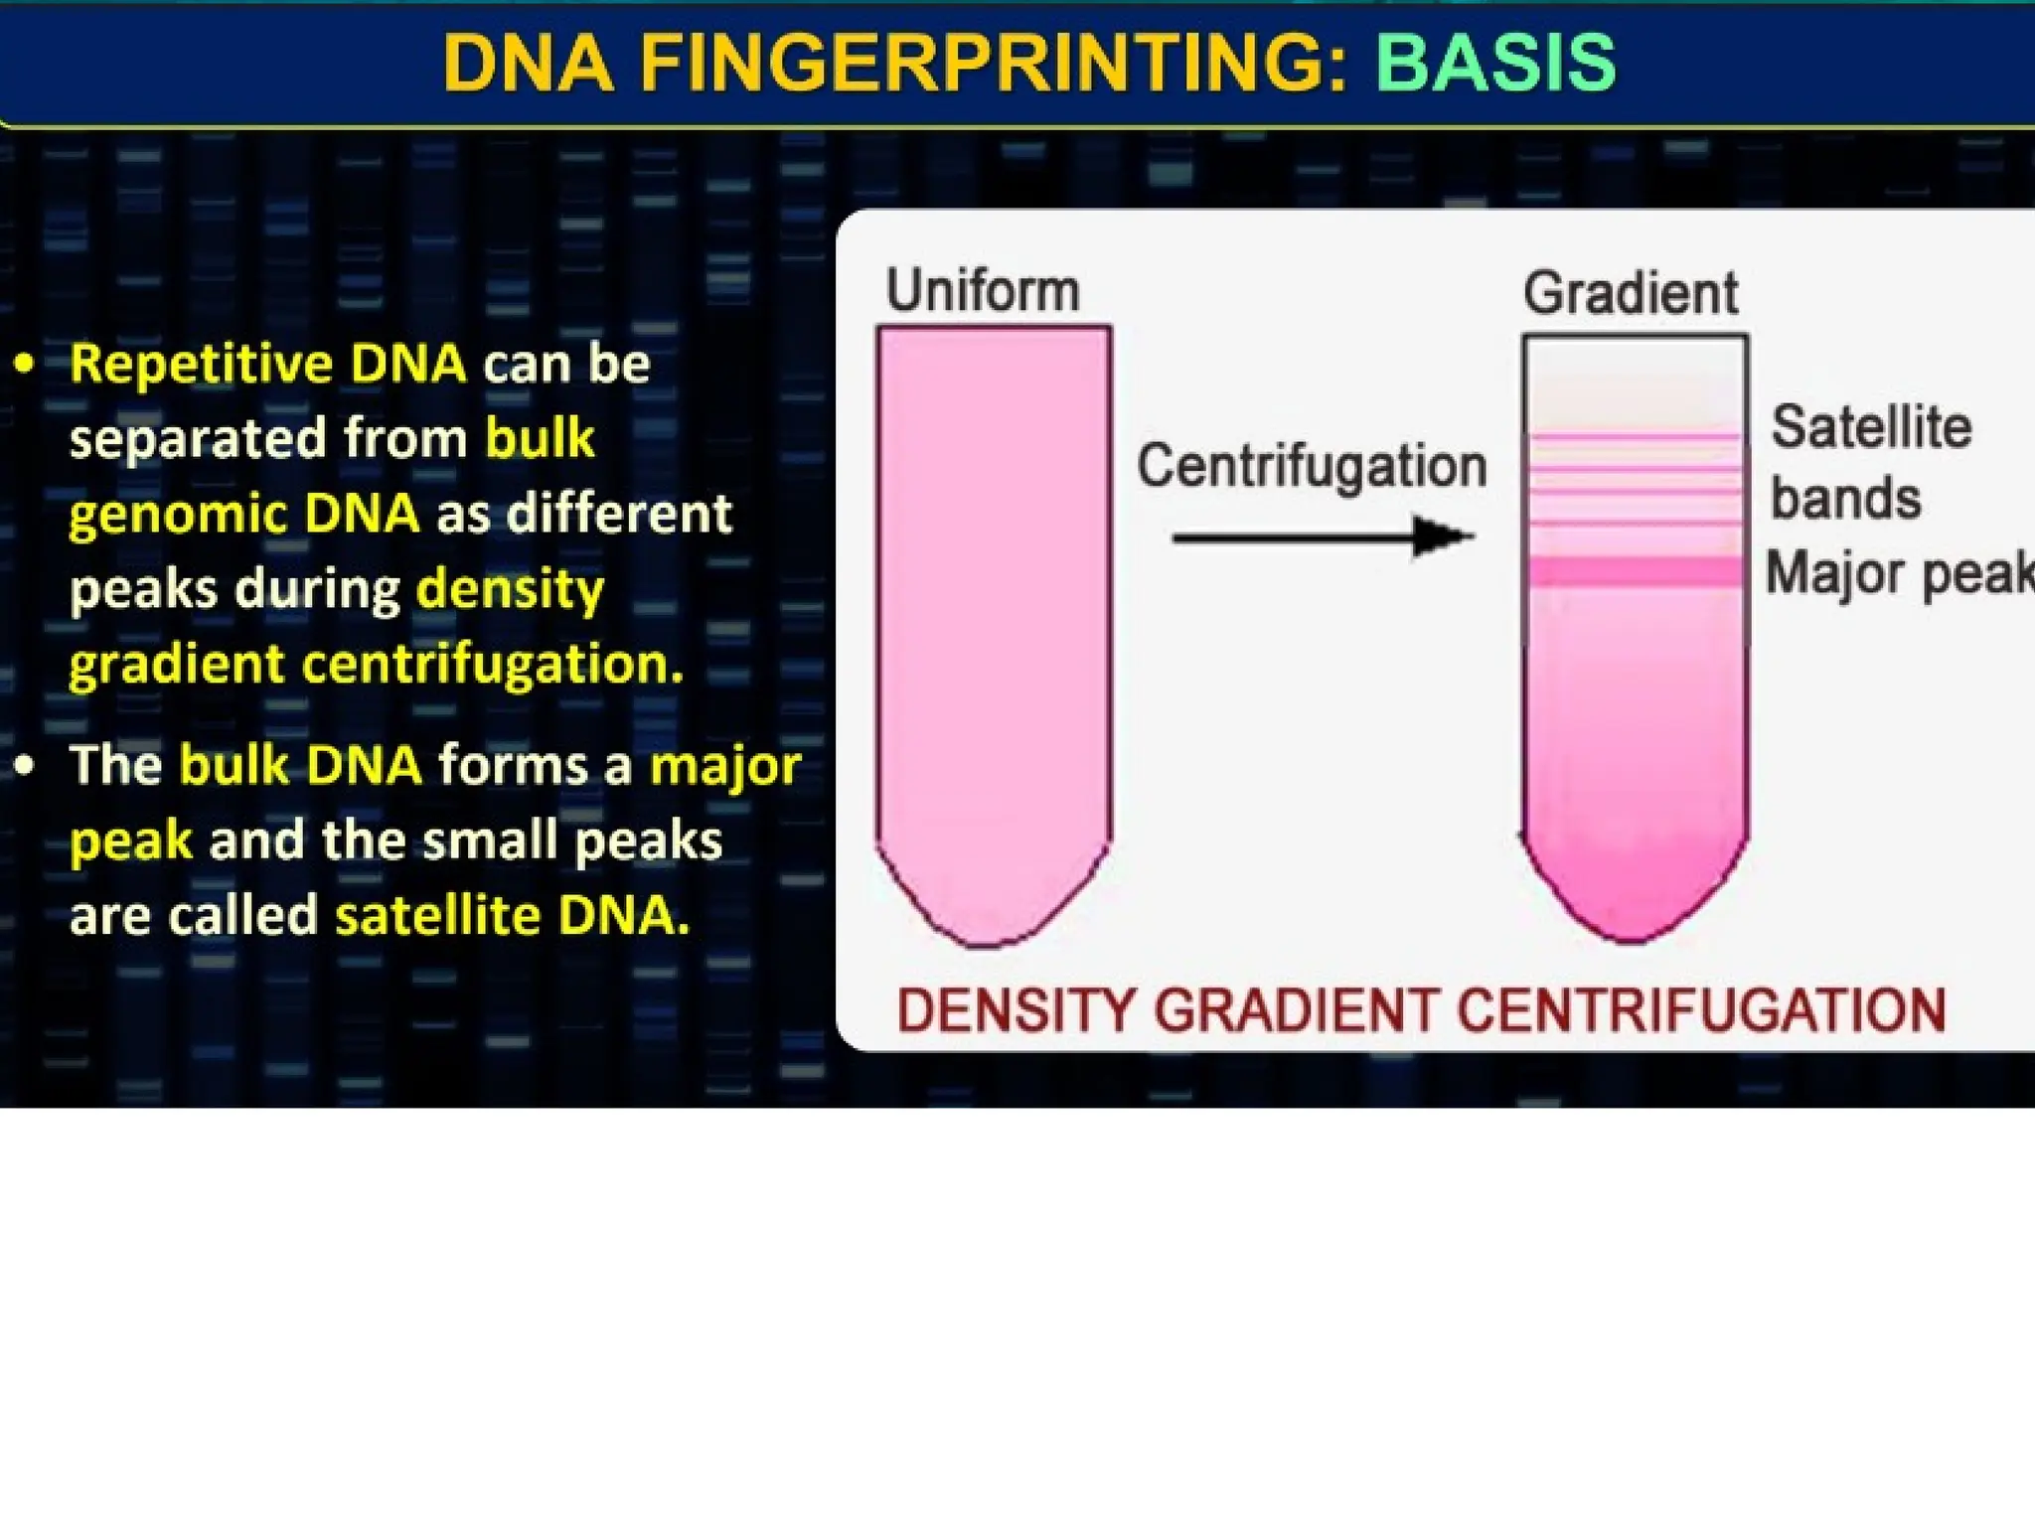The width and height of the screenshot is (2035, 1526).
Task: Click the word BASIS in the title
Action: tap(1495, 63)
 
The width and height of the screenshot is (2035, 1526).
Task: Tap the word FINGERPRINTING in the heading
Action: tap(993, 63)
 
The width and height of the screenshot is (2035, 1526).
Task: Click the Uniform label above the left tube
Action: tap(983, 290)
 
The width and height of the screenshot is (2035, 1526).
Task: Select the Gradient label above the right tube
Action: tap(1631, 293)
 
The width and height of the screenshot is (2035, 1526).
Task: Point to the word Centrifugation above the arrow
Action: tap(1312, 466)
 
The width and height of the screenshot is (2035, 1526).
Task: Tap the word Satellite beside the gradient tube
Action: tap(1871, 428)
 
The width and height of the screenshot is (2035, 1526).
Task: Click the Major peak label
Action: tap(1898, 574)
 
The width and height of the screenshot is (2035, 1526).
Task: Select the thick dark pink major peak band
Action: tap(1635, 571)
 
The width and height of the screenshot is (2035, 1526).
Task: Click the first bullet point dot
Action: tap(25, 365)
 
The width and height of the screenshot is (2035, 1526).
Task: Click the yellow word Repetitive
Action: tap(201, 364)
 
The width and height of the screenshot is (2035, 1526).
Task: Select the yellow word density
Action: tap(510, 589)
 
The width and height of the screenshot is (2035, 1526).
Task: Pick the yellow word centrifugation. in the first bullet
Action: tap(493, 664)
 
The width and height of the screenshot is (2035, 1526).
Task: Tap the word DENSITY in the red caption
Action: tap(1016, 1011)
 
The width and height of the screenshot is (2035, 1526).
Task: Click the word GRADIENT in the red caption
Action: tap(1297, 1011)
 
